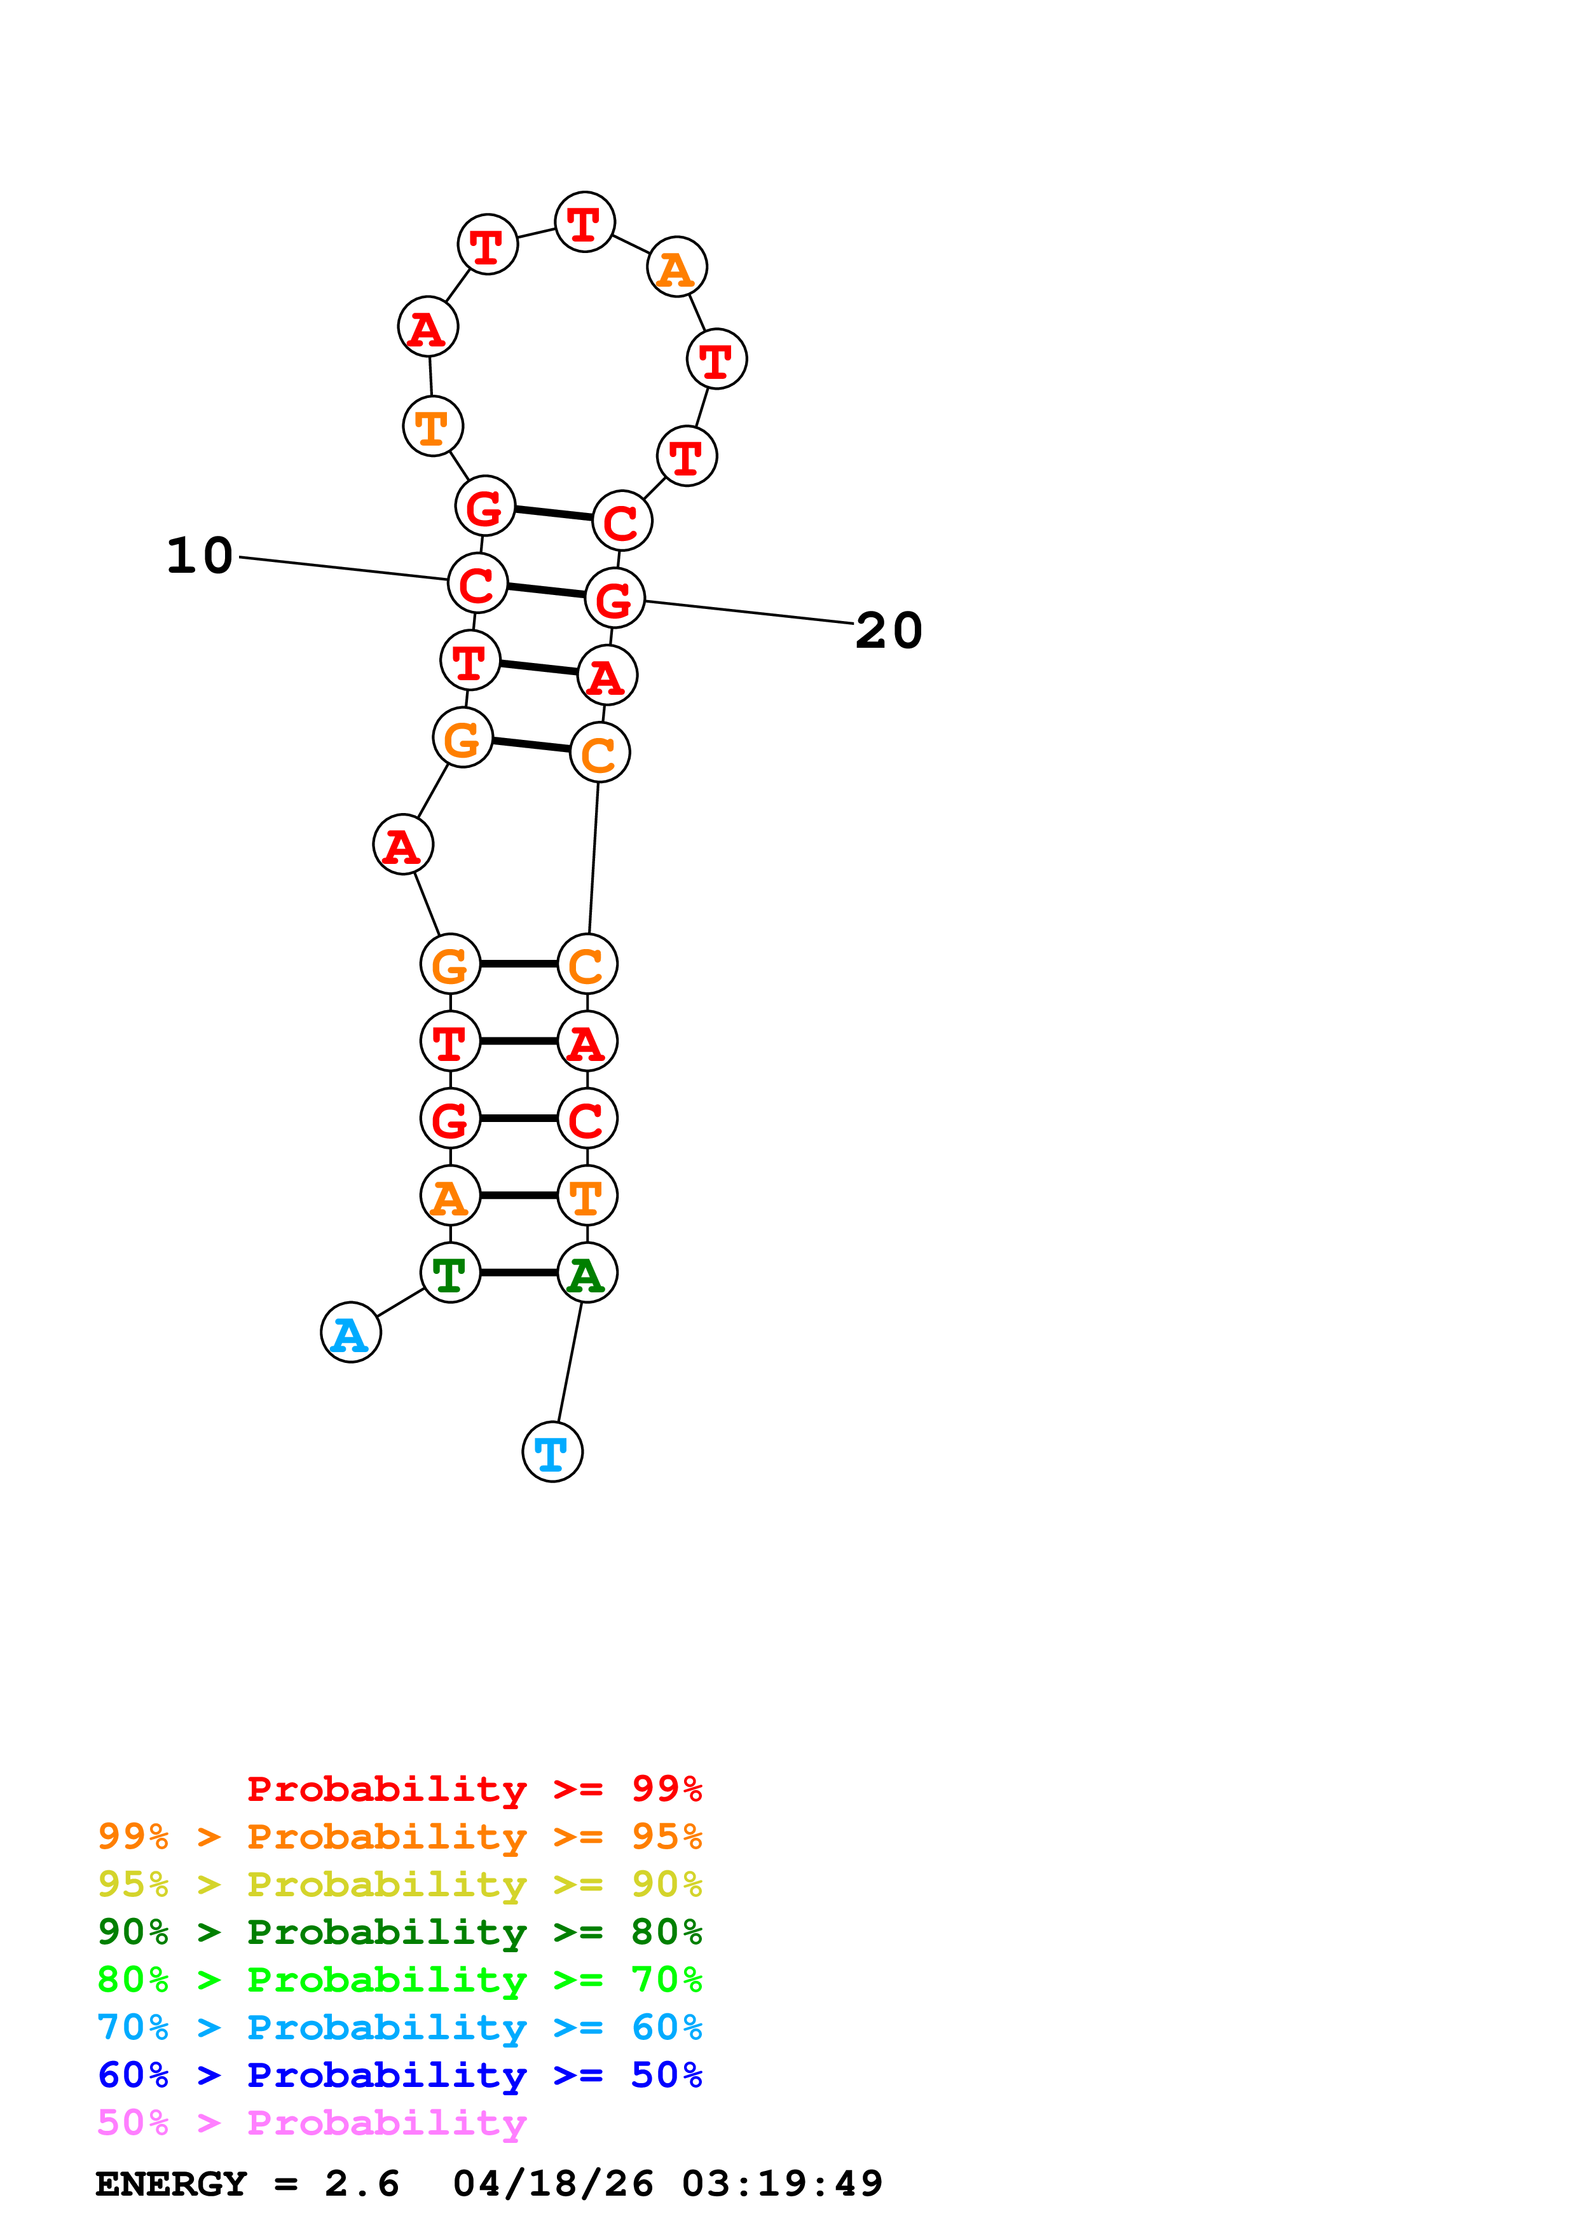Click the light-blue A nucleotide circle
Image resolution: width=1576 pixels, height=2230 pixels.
[350, 1332]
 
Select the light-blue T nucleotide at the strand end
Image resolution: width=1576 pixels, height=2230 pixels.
[552, 1452]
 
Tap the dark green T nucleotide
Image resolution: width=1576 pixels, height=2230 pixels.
[449, 1273]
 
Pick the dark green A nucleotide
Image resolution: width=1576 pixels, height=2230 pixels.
[587, 1273]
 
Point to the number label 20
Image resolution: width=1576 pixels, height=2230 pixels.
[889, 631]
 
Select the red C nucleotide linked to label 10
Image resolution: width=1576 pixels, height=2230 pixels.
[477, 584]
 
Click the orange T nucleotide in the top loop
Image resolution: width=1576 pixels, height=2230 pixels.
[433, 427]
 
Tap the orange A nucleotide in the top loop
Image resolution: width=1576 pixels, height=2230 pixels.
[677, 267]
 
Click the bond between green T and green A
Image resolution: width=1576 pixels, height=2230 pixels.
[519, 1273]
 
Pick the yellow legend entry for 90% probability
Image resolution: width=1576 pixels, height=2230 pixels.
[399, 1884]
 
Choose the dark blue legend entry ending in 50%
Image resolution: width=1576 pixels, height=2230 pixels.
[399, 2075]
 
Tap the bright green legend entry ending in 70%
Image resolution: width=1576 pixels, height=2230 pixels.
[399, 1980]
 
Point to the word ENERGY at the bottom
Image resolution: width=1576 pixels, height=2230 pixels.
[171, 2184]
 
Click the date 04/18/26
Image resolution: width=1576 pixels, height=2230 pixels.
[552, 2184]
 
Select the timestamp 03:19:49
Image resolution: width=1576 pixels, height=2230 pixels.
[782, 2184]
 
